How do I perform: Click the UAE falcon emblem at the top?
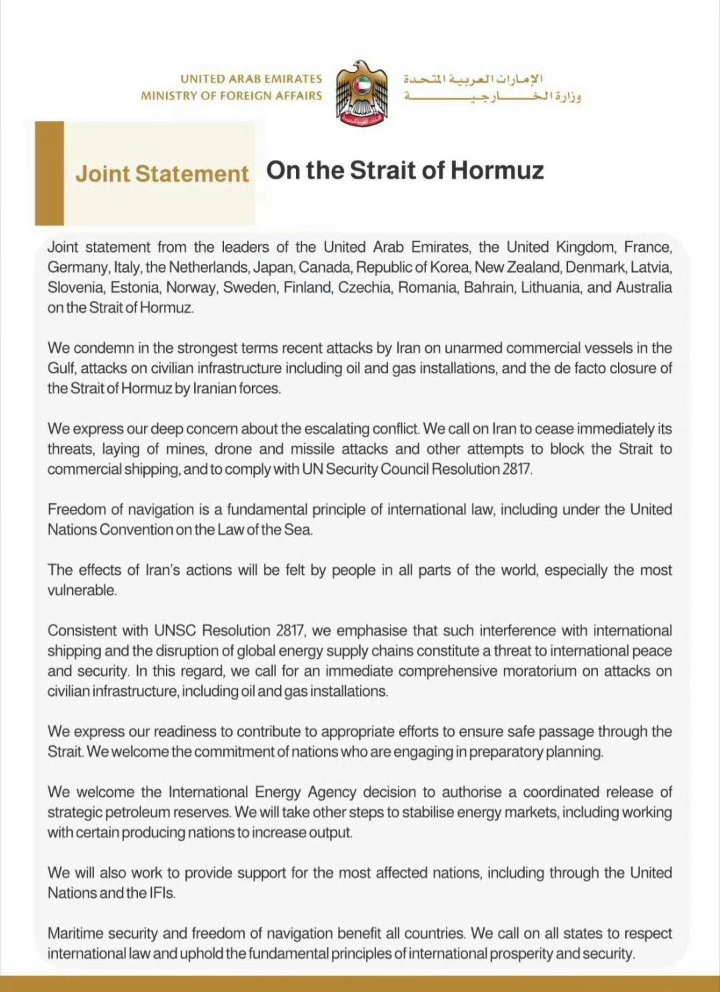point(361,93)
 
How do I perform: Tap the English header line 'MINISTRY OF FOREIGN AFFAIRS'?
point(231,96)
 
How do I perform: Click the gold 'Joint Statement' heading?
point(162,174)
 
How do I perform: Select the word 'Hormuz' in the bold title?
point(497,171)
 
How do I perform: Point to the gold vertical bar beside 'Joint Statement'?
point(49,173)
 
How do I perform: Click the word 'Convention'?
point(136,529)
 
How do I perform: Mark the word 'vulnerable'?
point(81,590)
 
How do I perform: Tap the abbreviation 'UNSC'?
point(175,631)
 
